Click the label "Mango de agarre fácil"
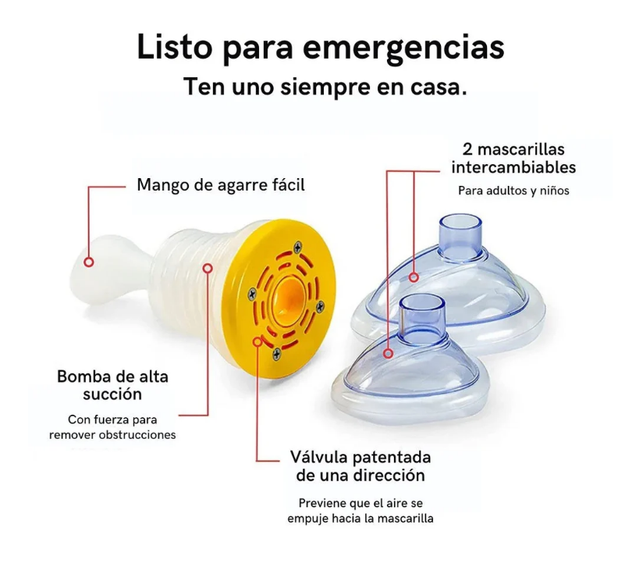[x=220, y=185]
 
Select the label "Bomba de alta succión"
[x=112, y=385]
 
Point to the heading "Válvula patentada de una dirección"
[x=360, y=466]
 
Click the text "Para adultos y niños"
[x=513, y=191]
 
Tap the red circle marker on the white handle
[x=89, y=262]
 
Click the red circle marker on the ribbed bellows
[x=208, y=268]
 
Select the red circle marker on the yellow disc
[x=257, y=341]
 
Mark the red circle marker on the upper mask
[x=414, y=277]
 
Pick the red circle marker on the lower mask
[x=389, y=354]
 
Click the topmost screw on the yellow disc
[x=298, y=248]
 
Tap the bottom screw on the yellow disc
[x=276, y=354]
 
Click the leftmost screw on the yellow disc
[x=252, y=294]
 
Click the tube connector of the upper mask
[x=460, y=237]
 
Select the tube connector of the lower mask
[x=422, y=319]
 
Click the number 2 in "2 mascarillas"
[x=467, y=150]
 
